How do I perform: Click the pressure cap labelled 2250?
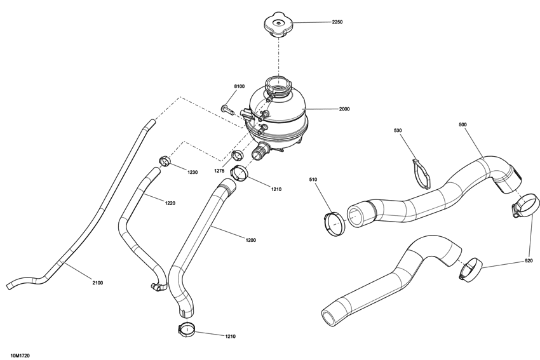click(x=278, y=24)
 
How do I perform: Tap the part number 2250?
click(x=337, y=22)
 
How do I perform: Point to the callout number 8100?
click(x=239, y=86)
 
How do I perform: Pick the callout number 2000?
click(x=344, y=109)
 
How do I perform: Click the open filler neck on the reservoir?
click(x=278, y=83)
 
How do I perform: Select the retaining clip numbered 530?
click(x=421, y=173)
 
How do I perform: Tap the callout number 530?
click(x=398, y=131)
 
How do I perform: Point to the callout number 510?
click(x=313, y=180)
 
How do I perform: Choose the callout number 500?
click(x=462, y=125)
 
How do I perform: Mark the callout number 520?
click(x=529, y=261)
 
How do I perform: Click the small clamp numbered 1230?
click(x=164, y=161)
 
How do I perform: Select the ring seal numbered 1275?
click(x=238, y=156)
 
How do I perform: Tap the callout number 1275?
click(x=220, y=171)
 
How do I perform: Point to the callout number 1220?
click(x=170, y=203)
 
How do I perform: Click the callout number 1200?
click(x=251, y=240)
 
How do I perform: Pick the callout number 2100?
click(x=97, y=282)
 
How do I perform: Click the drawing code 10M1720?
click(x=20, y=356)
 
